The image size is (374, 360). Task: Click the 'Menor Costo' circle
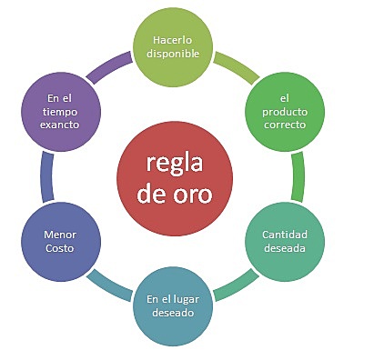click(59, 241)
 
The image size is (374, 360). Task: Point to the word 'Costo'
click(59, 248)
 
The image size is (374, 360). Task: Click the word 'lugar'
click(191, 299)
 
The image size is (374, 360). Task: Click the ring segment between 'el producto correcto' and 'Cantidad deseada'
click(298, 175)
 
